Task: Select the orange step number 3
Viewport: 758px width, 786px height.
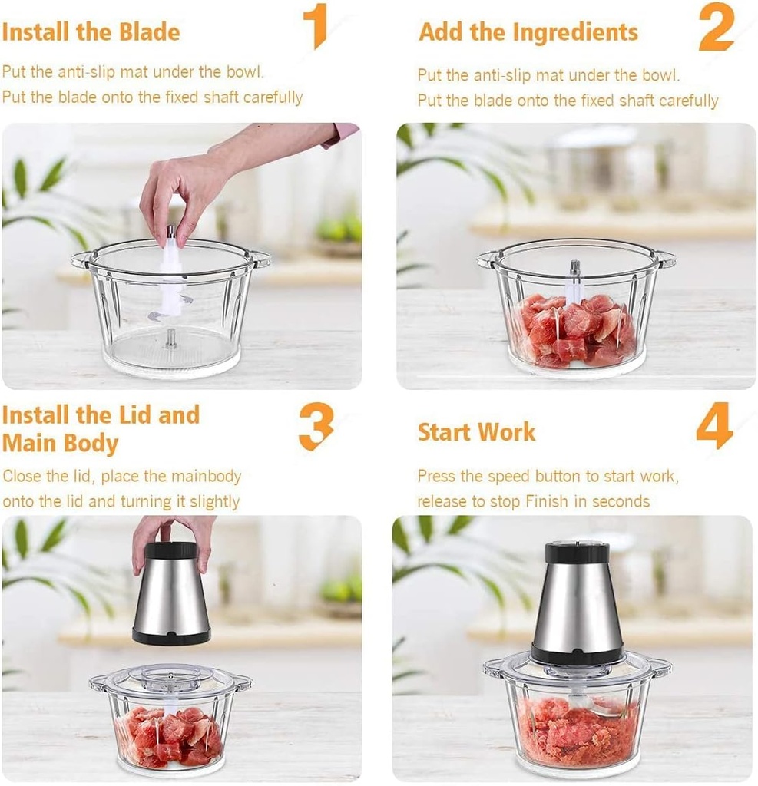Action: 316,426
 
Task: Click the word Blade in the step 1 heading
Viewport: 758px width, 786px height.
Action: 150,32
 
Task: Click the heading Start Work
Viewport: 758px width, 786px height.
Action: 476,431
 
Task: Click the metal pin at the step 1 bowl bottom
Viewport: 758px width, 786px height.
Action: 170,339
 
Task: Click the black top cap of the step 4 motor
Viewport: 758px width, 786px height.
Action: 577,553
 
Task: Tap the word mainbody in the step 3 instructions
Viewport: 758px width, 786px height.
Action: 206,476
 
